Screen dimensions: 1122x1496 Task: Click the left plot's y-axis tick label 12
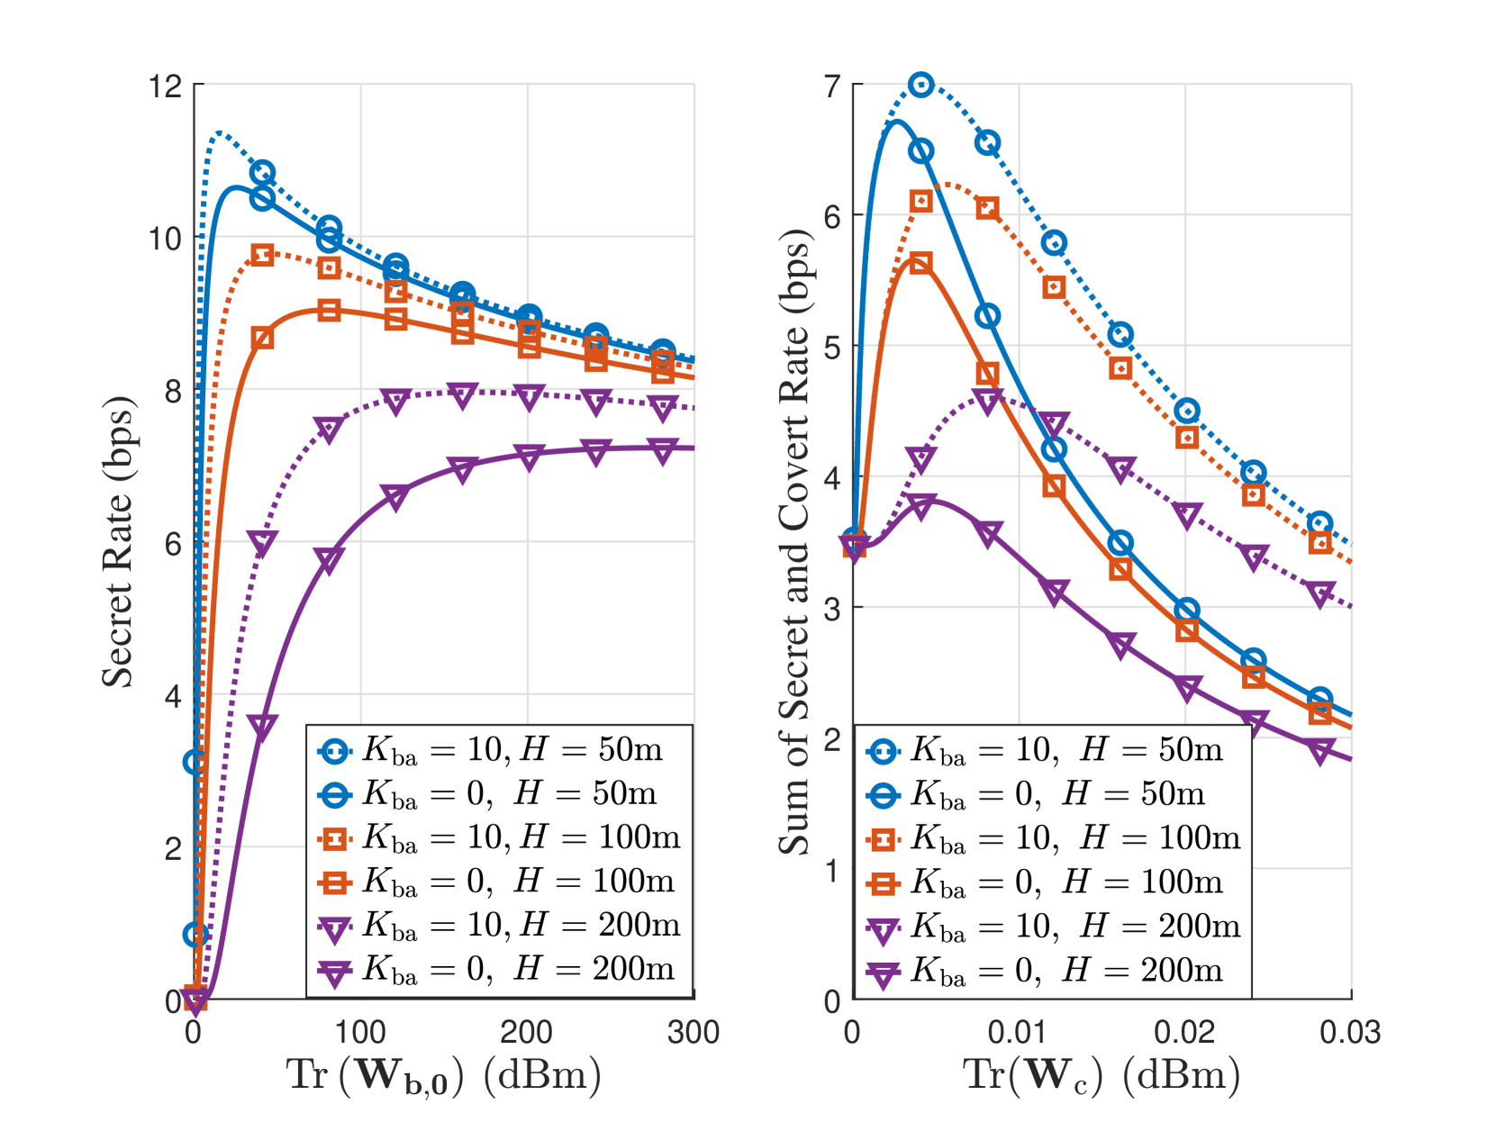(166, 86)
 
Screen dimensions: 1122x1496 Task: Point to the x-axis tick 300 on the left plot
(693, 1032)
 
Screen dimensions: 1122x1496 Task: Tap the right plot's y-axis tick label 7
(832, 86)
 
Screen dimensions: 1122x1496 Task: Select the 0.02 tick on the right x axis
(1184, 1032)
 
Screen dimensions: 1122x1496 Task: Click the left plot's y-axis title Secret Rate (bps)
(117, 540)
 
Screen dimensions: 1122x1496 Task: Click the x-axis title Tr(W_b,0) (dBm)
(443, 1075)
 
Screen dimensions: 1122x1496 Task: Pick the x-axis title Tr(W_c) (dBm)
(1101, 1075)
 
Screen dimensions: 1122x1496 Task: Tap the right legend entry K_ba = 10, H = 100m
(1054, 838)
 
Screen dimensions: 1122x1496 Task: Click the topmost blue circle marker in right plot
(920, 85)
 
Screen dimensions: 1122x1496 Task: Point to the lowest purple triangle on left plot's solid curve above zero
(262, 728)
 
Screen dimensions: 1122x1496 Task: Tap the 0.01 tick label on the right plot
(1018, 1032)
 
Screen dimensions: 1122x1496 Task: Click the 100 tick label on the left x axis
(360, 1032)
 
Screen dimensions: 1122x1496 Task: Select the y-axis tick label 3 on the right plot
(832, 608)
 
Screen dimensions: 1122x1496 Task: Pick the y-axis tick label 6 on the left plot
(173, 543)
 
